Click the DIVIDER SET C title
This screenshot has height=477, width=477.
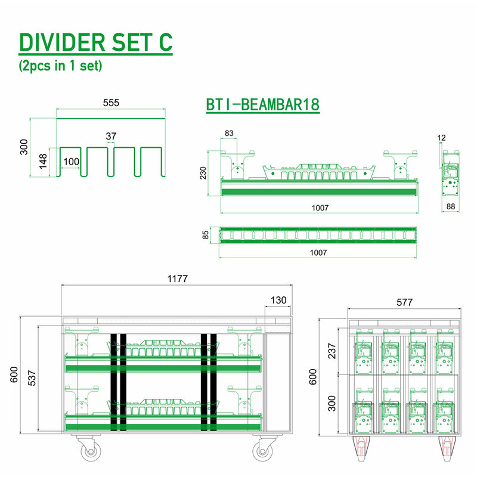coord(95,42)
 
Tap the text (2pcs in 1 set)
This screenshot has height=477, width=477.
coord(60,66)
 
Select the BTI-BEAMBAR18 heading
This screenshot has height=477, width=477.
coord(263,105)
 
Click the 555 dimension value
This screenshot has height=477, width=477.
coord(111,103)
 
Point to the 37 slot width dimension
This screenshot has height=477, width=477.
coord(111,136)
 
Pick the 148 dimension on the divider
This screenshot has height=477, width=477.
coord(43,161)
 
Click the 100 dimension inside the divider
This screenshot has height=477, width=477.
coord(71,162)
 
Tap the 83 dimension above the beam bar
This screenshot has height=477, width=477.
coord(229,133)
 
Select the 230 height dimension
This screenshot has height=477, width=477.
coord(203,173)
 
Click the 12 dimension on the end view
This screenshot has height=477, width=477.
coord(441,138)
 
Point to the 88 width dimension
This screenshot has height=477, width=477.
coord(451,206)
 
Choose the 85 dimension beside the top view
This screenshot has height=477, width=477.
coord(206,235)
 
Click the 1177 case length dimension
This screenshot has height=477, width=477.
coord(178,278)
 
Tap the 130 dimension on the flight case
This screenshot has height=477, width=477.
coord(278,301)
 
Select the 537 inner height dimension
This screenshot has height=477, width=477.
coord(32,378)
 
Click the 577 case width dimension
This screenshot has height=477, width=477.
coord(405,302)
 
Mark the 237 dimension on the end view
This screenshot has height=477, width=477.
coord(332,351)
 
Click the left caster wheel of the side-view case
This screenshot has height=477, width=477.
coord(91,451)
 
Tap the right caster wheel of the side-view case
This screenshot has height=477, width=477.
coord(263,451)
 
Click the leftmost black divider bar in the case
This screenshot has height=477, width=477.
coord(113,382)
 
